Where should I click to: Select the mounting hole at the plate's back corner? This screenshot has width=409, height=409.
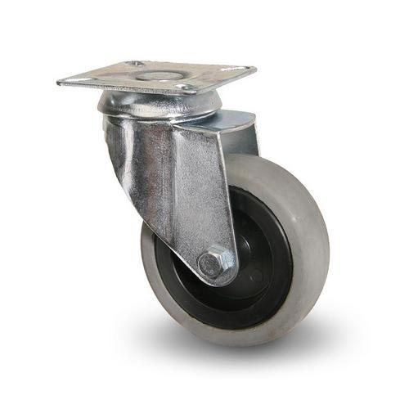point(135,63)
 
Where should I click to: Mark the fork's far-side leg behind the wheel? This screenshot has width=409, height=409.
point(242,135)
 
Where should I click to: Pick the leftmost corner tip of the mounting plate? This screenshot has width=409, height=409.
point(58,81)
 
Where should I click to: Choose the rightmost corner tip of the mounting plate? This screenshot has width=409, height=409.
point(255,70)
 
